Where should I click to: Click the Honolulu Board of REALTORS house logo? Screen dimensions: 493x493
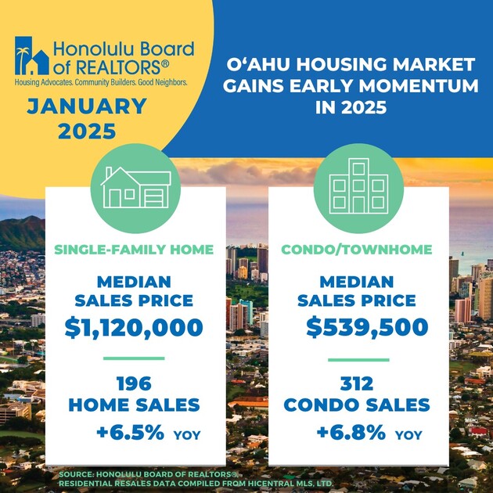[32, 56]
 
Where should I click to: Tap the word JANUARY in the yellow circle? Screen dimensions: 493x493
[87, 106]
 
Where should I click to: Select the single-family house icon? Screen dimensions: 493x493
[136, 187]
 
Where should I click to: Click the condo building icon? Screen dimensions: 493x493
[358, 185]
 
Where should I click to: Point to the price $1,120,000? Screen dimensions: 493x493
[134, 328]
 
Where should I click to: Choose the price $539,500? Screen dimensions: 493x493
[367, 327]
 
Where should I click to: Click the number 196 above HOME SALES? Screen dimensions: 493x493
[135, 384]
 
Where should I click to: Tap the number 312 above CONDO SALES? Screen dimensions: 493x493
[357, 384]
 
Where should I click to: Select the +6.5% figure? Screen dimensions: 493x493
[130, 432]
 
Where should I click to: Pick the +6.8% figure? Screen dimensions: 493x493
[351, 432]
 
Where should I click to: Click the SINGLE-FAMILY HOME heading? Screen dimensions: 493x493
[134, 250]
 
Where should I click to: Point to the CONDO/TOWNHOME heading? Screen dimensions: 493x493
[357, 250]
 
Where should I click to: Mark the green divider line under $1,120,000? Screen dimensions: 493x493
[134, 358]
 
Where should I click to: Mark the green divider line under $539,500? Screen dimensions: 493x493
[358, 360]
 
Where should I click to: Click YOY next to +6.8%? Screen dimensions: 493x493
[408, 435]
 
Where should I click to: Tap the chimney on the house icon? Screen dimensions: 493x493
[109, 173]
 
